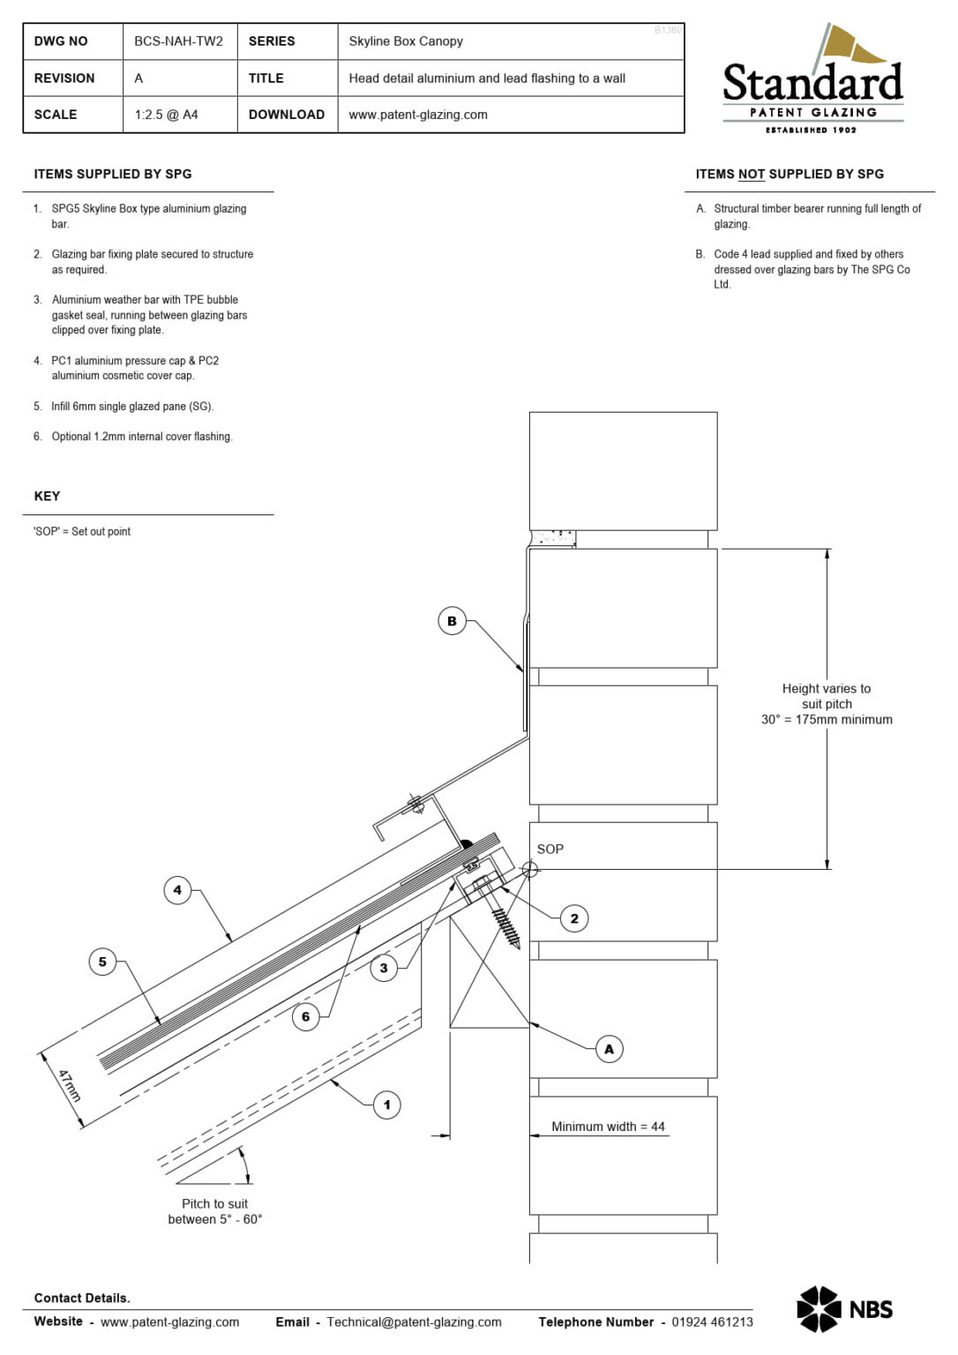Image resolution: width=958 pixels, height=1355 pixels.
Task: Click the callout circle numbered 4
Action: click(177, 890)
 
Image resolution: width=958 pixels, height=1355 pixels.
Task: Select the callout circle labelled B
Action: click(452, 621)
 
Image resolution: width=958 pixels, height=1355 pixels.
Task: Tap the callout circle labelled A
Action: click(609, 1049)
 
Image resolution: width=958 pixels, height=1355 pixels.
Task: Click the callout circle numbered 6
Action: click(305, 1016)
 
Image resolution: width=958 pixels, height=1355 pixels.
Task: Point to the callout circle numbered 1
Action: click(386, 1104)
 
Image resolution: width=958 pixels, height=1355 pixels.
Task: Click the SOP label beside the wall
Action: click(550, 849)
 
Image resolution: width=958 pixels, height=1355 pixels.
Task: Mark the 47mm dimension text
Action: click(69, 1085)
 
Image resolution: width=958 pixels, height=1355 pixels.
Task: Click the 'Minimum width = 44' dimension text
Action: click(608, 1127)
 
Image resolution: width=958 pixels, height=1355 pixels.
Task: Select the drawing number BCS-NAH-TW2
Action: click(178, 41)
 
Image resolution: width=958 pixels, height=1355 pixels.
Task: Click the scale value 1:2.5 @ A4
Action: click(166, 115)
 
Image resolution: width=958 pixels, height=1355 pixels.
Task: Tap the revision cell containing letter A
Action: click(138, 79)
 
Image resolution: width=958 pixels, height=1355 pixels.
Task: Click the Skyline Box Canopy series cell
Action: click(405, 41)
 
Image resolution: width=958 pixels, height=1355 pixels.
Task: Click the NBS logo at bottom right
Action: click(844, 1309)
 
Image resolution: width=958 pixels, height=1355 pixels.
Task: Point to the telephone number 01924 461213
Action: click(712, 1321)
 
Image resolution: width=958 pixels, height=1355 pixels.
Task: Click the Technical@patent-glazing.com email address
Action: click(414, 1321)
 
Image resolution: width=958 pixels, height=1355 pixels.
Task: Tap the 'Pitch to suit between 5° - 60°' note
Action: click(214, 1211)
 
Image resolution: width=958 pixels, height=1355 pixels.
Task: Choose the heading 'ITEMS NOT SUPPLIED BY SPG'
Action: click(790, 175)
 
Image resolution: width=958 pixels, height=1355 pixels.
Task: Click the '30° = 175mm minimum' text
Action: click(827, 720)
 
